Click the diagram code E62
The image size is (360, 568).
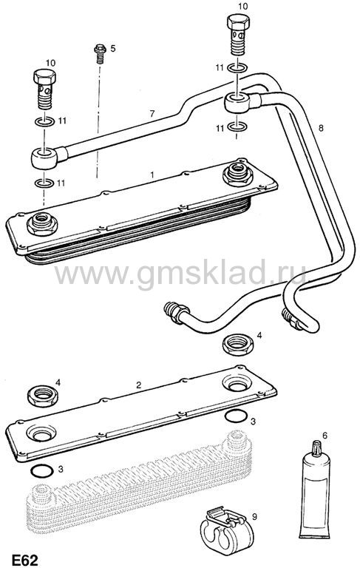[25, 560]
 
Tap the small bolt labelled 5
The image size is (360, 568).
[100, 53]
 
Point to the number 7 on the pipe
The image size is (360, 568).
[152, 114]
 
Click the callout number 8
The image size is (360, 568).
[320, 128]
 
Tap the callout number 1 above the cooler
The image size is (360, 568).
[152, 175]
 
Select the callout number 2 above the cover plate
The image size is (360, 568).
[139, 385]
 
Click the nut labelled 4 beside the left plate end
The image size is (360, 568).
[43, 396]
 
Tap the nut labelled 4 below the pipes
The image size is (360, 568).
[237, 345]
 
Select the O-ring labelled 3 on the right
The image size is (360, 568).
[236, 416]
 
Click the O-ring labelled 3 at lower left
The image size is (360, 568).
[42, 470]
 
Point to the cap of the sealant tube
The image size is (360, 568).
[316, 448]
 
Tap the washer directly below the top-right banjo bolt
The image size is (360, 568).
[237, 68]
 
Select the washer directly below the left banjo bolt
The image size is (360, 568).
[44, 121]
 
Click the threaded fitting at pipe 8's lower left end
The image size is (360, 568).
[176, 312]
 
